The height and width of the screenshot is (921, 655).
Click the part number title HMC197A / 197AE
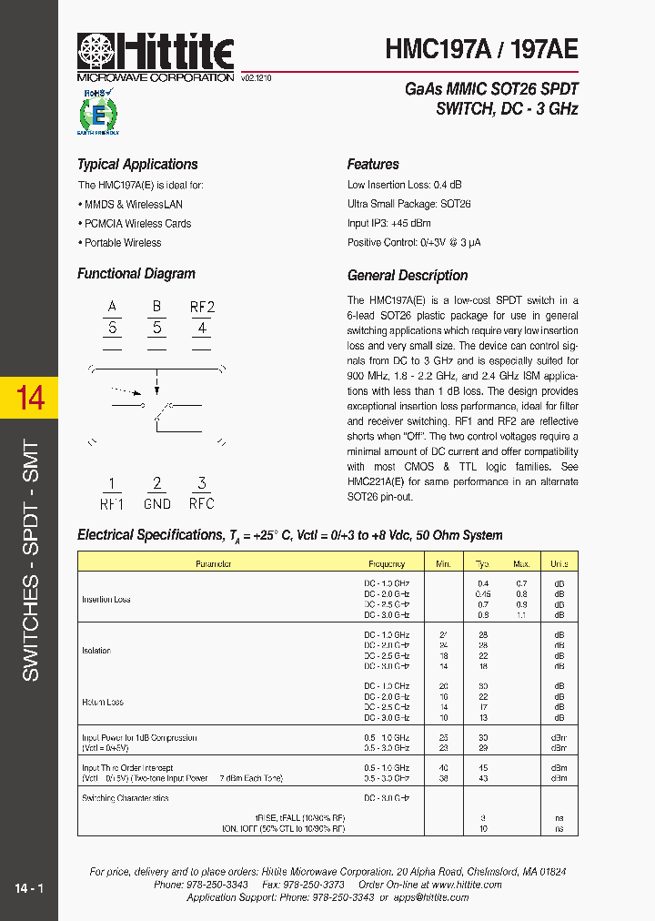click(481, 49)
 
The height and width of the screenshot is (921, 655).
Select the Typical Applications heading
click(137, 165)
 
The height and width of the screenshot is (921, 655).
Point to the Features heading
click(373, 165)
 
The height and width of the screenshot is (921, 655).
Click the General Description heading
click(408, 276)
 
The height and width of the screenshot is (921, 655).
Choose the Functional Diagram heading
click(136, 274)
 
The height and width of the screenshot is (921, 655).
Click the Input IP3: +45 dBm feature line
click(389, 224)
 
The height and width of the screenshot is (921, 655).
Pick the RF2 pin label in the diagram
click(202, 307)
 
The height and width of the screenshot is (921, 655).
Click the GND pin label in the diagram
click(157, 503)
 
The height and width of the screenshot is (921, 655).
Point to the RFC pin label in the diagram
click(202, 503)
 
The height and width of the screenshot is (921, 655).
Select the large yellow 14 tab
click(30, 398)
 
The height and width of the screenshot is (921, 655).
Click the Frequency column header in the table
click(387, 564)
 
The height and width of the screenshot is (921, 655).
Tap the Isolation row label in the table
click(96, 651)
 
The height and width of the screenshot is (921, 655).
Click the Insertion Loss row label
click(106, 600)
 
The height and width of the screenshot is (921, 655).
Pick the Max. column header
click(521, 564)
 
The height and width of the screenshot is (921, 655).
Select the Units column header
click(559, 564)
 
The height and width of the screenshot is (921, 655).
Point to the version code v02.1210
click(257, 79)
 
